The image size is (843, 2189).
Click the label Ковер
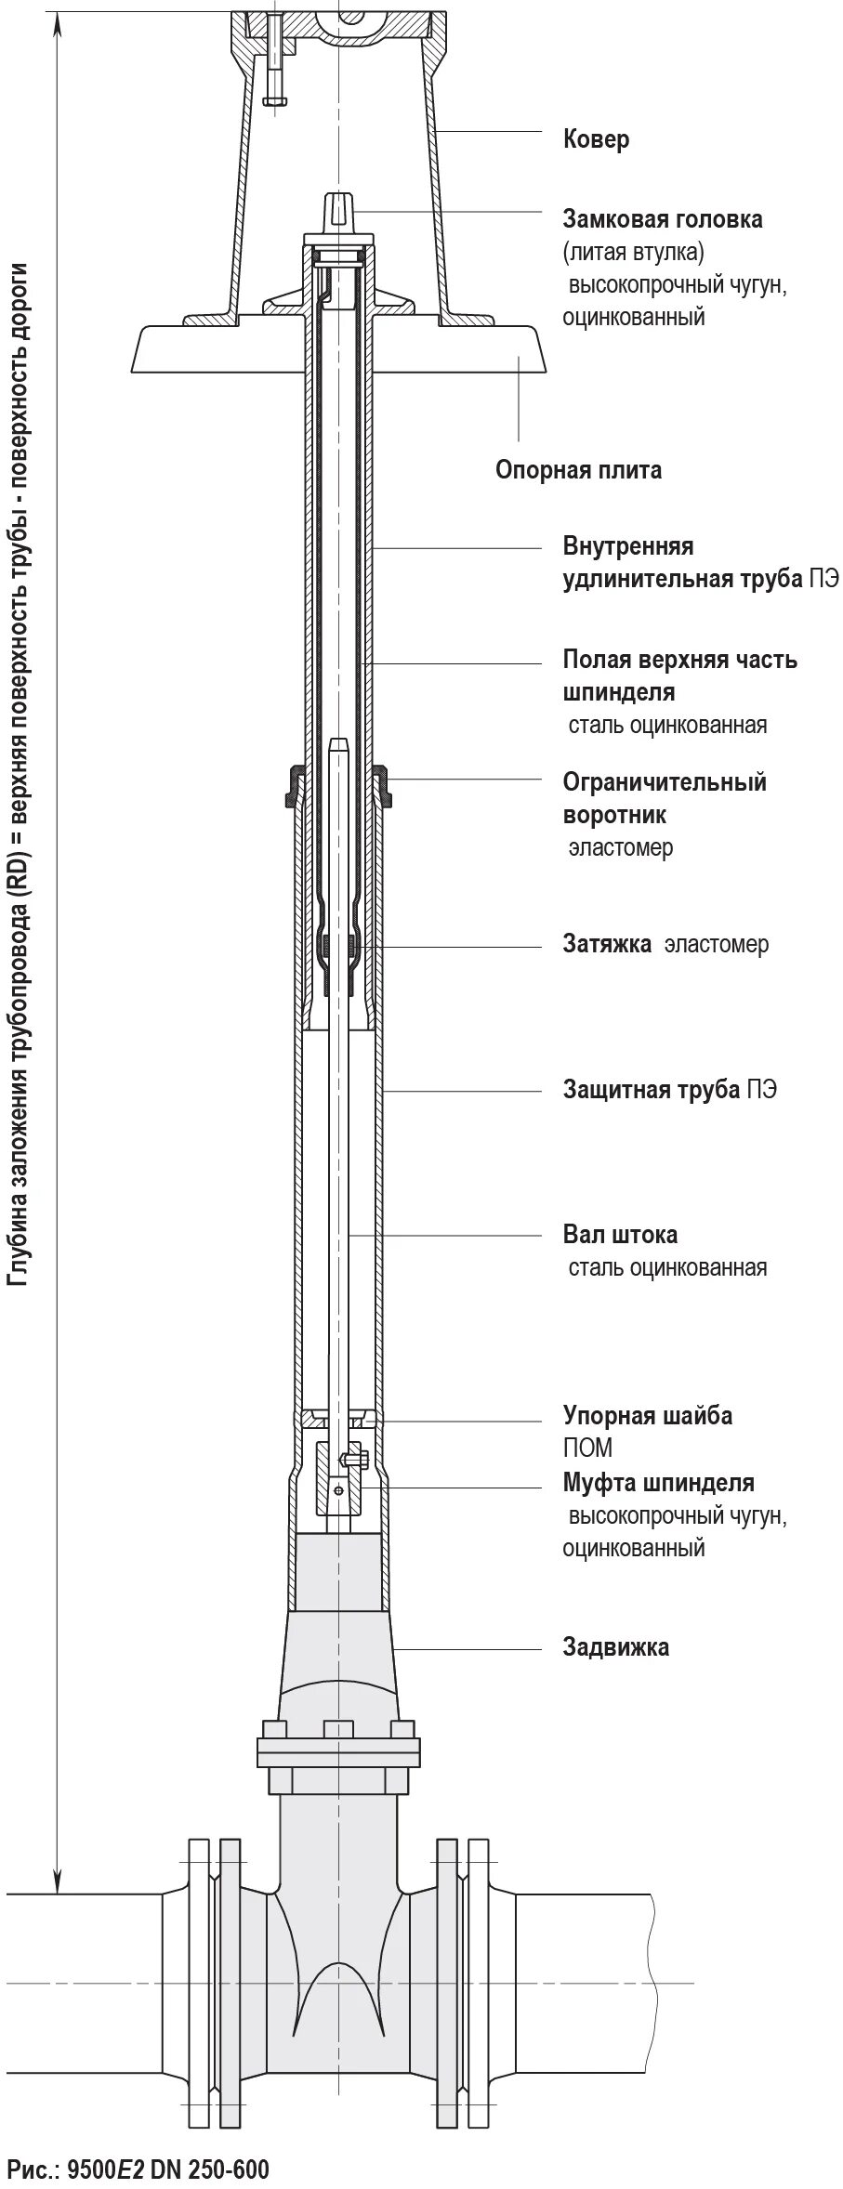point(596,139)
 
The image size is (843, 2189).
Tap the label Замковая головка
point(663,219)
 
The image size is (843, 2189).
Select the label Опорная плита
point(578,470)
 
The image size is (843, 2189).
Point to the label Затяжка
point(606,945)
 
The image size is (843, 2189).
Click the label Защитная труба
point(652,1089)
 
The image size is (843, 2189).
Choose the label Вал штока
point(620,1235)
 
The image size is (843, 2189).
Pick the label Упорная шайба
point(647,1416)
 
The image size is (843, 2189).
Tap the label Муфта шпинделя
point(658,1482)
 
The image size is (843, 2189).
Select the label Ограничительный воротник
point(664,798)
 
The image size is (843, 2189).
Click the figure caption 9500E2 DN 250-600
point(138,2163)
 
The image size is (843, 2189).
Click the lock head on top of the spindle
point(338,210)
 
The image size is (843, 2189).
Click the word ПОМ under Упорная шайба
point(587,1448)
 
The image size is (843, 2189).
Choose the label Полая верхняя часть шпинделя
point(679,675)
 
